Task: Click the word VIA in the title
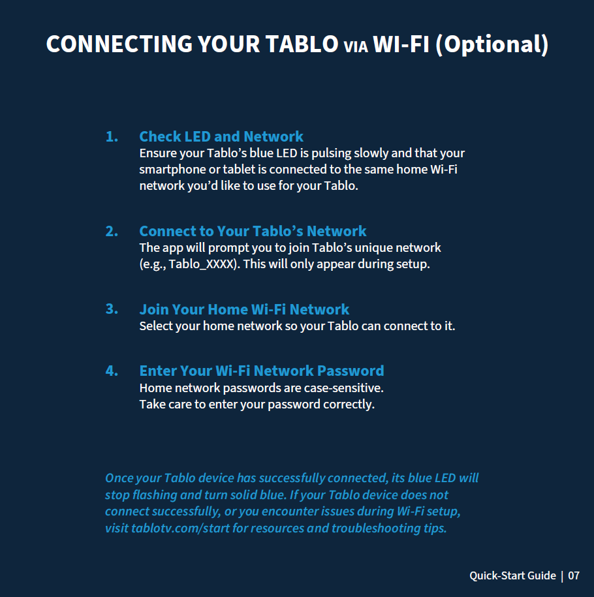click(x=356, y=46)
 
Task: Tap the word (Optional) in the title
click(x=492, y=44)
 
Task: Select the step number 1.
click(x=112, y=136)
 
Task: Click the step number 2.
click(x=112, y=232)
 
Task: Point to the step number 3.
click(x=112, y=309)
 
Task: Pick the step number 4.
click(x=112, y=371)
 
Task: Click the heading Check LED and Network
click(x=221, y=136)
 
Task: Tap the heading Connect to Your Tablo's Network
click(x=253, y=232)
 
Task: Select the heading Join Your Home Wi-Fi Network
click(x=244, y=309)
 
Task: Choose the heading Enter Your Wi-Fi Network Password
click(x=262, y=371)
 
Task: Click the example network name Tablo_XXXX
click(x=201, y=264)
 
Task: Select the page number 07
click(x=574, y=575)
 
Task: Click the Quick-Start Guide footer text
click(x=512, y=575)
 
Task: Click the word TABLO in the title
click(x=302, y=44)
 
